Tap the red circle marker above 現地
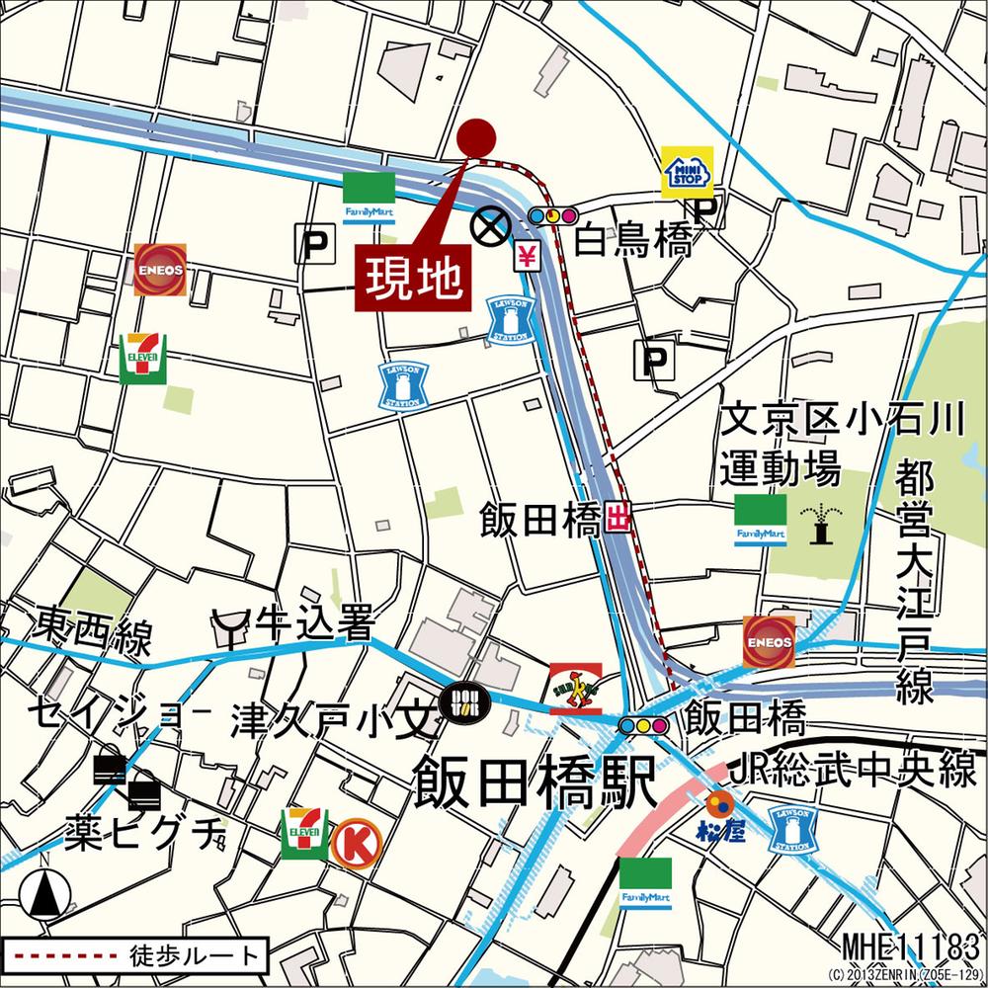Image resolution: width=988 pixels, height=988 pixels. point(477,136)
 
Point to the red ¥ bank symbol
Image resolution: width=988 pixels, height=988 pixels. point(527,257)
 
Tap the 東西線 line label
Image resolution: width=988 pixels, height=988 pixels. point(94,632)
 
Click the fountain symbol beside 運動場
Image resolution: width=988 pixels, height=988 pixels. point(819,522)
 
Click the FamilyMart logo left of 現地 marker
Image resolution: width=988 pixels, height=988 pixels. point(370,197)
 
